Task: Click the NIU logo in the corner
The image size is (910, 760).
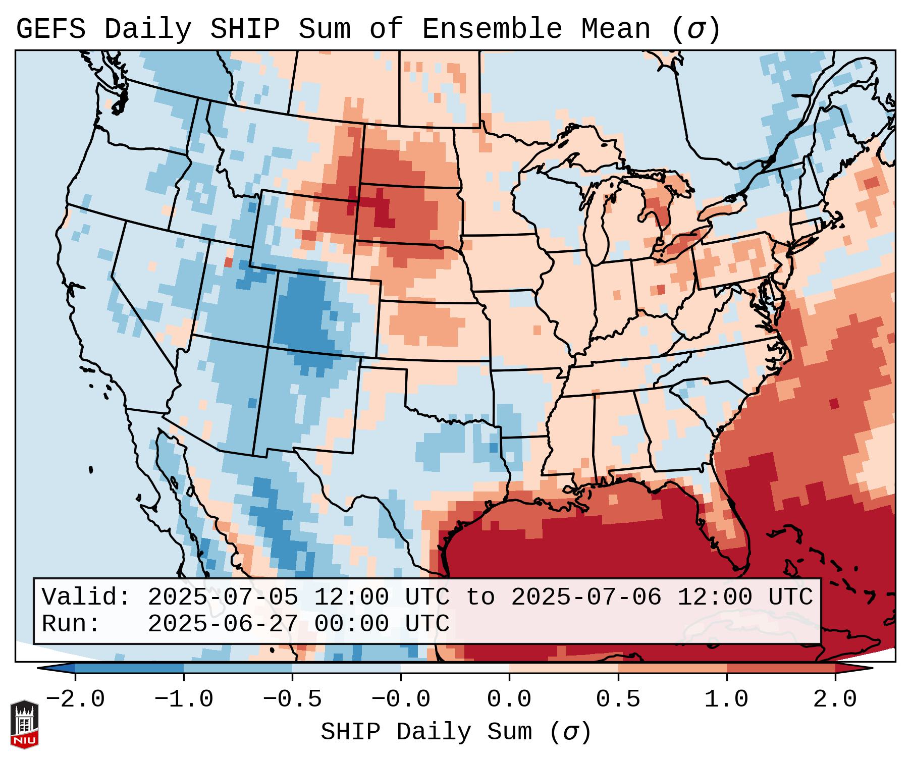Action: tap(24, 724)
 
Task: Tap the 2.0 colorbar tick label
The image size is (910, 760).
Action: tap(835, 699)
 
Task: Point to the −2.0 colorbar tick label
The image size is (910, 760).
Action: tap(75, 699)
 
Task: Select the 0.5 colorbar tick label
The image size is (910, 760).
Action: tap(618, 699)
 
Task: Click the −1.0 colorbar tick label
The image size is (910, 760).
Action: tap(184, 699)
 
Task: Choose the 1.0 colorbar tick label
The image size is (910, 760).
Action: tap(726, 699)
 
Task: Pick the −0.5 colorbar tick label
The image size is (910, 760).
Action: tap(292, 699)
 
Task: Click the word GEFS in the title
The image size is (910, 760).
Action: tap(51, 29)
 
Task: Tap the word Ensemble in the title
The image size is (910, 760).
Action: tap(492, 29)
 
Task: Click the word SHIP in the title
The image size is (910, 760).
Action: tap(245, 29)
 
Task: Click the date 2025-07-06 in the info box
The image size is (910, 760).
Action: tap(586, 597)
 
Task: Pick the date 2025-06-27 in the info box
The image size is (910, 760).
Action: tap(223, 624)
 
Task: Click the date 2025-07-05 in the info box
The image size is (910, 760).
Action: tap(223, 597)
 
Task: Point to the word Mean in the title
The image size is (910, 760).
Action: tap(615, 29)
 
